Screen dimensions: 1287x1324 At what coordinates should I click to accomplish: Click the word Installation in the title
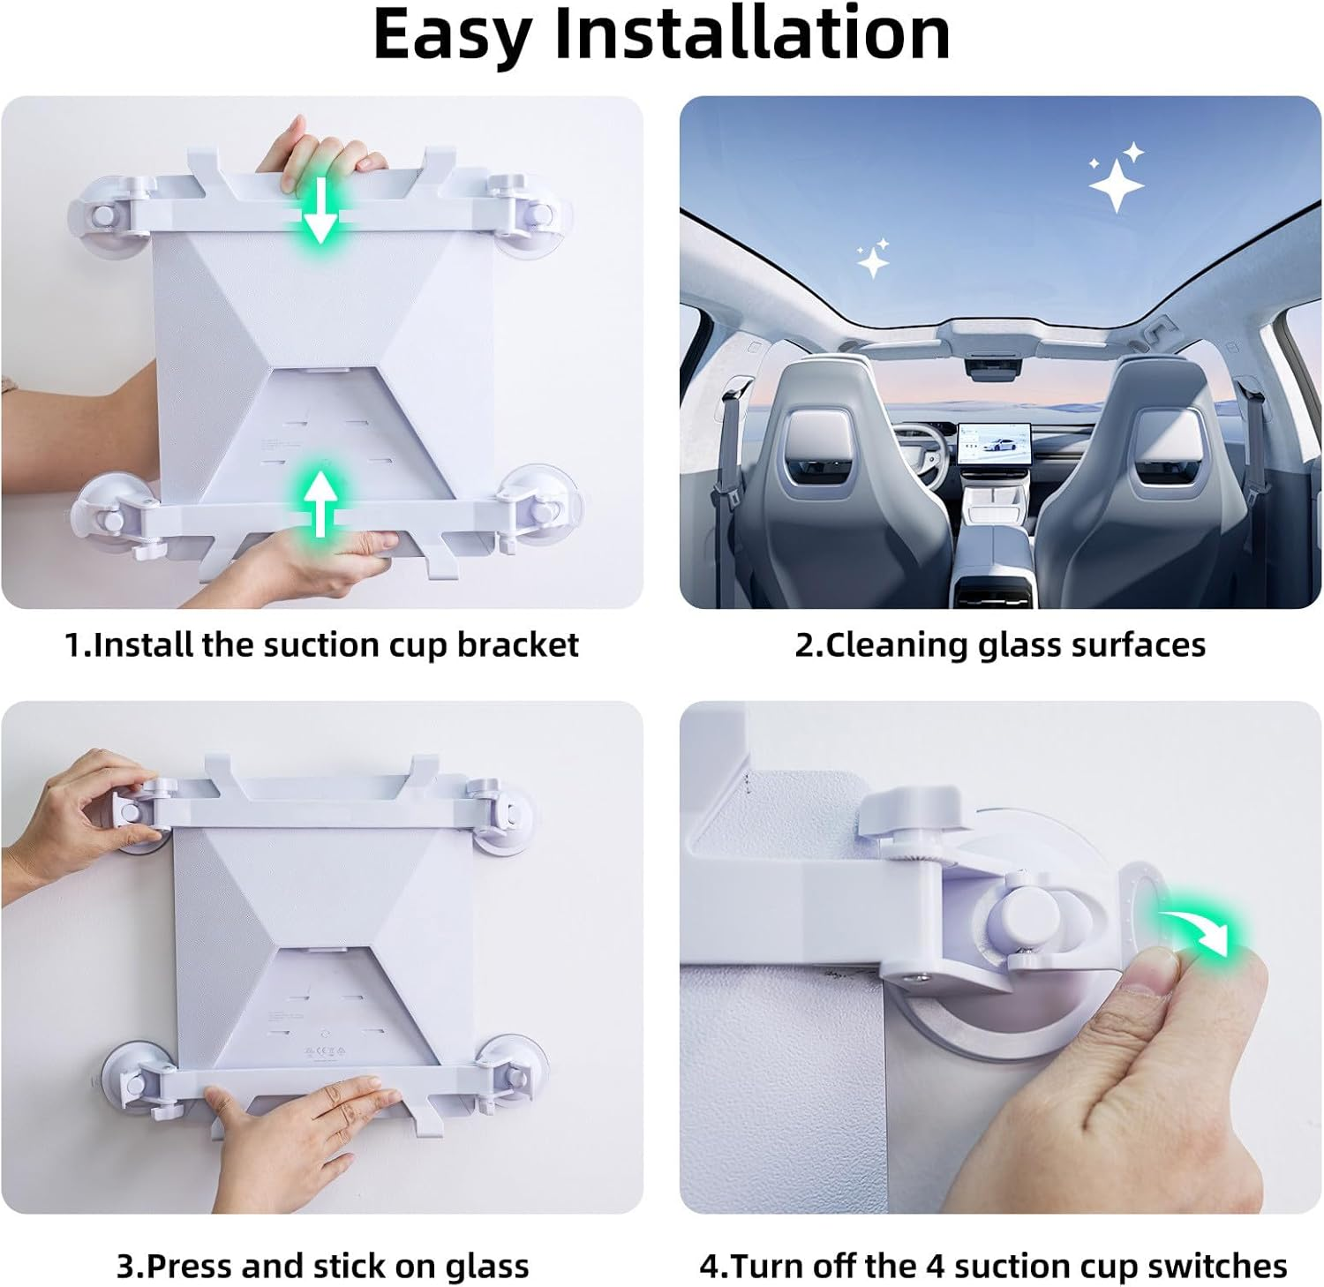click(752, 34)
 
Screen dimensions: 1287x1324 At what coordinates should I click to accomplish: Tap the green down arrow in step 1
click(320, 212)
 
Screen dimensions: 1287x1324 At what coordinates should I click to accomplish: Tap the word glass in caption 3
click(486, 1267)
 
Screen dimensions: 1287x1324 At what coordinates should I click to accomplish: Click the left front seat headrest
click(819, 439)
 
